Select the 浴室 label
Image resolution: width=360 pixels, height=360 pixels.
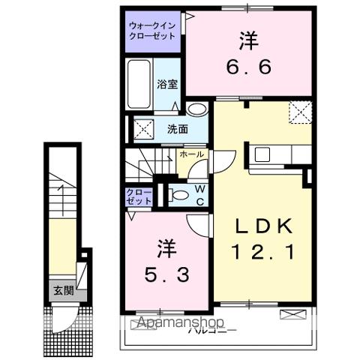[x=167, y=85]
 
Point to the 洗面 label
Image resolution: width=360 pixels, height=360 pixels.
[x=177, y=128]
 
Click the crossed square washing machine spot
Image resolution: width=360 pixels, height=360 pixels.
[x=144, y=128]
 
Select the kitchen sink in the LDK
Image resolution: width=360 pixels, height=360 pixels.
[x=262, y=154]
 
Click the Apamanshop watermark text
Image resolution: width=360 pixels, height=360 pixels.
[x=180, y=324]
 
